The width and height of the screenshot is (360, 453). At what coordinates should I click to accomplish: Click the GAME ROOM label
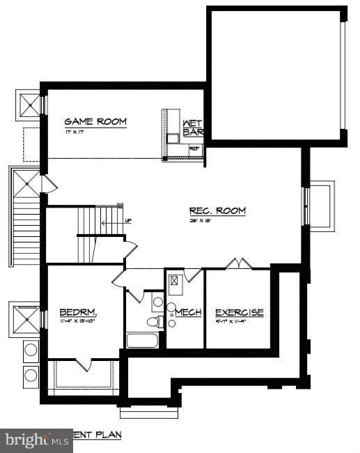[95, 122]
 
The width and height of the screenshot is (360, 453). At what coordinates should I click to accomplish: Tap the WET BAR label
[192, 128]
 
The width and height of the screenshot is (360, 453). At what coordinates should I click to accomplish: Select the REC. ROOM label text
[217, 210]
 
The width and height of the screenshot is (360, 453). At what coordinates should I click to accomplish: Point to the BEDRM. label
[77, 312]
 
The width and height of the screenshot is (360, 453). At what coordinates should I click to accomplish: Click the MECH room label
[188, 313]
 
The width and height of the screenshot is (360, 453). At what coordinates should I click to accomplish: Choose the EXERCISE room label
[239, 313]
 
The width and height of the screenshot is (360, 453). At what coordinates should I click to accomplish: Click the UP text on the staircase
[127, 222]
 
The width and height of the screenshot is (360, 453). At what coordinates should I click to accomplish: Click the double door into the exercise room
[237, 264]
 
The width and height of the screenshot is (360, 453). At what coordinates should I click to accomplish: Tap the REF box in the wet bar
[195, 148]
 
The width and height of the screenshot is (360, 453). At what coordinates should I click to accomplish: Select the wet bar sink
[173, 138]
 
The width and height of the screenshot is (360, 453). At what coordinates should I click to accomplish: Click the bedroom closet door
[83, 364]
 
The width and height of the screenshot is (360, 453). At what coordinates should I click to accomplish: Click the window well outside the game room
[31, 105]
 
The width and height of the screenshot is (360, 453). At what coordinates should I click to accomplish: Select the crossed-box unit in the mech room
[174, 281]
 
